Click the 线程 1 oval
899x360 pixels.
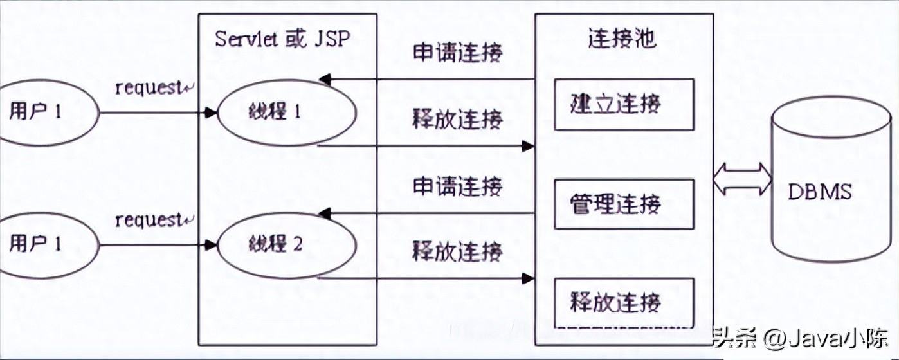pyautogui.click(x=287, y=113)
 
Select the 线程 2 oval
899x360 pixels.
pyautogui.click(x=287, y=244)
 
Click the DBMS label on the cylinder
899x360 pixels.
pyautogui.click(x=821, y=192)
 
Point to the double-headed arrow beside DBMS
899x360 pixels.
pyautogui.click(x=742, y=179)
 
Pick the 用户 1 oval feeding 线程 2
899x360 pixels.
pyautogui.click(x=45, y=244)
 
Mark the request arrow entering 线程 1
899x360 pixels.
pyautogui.click(x=158, y=113)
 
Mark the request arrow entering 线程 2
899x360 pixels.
pyautogui.click(x=158, y=244)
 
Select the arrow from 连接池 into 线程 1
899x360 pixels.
pyautogui.click(x=428, y=80)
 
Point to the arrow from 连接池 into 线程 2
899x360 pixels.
pyautogui.click(x=428, y=212)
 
